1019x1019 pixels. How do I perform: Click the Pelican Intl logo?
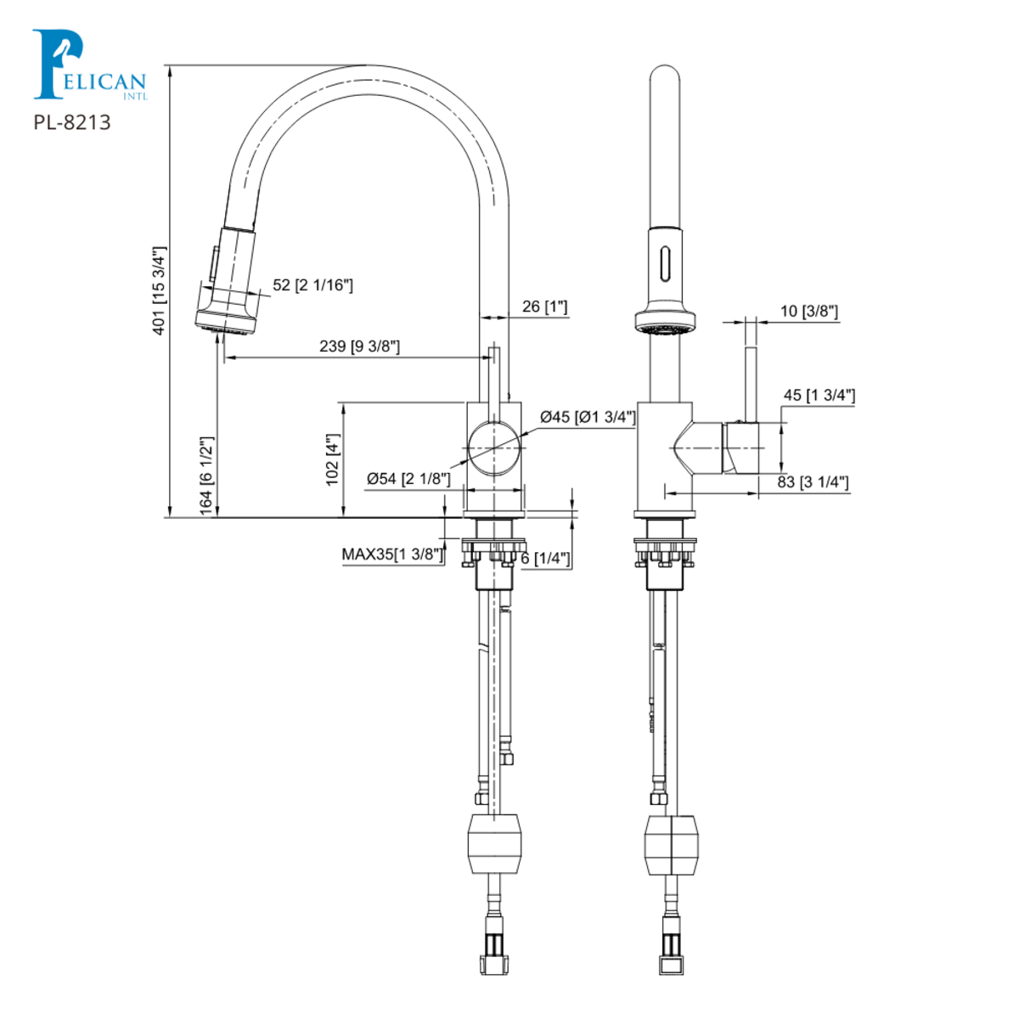pos(88,66)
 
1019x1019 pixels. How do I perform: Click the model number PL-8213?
pos(72,122)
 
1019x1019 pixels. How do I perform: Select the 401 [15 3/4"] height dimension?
pos(159,290)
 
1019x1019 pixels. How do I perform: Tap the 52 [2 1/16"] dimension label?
pos(312,285)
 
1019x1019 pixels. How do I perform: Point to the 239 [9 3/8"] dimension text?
pos(359,346)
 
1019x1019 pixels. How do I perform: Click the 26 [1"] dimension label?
pos(544,307)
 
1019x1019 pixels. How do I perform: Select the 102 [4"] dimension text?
pos(332,459)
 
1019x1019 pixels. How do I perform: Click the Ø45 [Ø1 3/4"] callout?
pos(588,417)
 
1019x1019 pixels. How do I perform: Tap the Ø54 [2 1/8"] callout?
pos(408,479)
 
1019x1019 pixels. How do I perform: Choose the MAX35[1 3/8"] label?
pos(392,555)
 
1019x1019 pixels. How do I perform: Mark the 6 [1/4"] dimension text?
pos(545,558)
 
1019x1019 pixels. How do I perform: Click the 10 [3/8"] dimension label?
pos(808,312)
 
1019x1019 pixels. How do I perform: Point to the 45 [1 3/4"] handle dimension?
pos(819,396)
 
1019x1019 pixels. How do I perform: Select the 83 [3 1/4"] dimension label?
pos(813,482)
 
